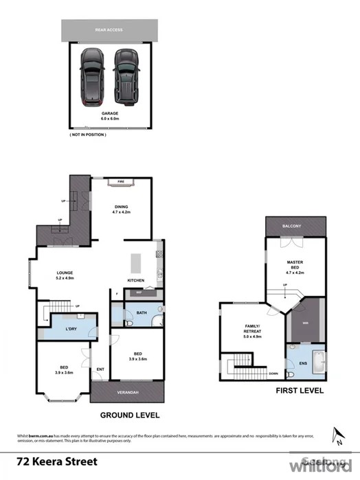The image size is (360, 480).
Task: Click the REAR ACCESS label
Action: point(109,30)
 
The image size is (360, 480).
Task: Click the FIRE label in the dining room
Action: point(120,181)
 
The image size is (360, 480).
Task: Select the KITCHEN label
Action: point(135,280)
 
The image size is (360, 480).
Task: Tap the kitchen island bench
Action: point(135,261)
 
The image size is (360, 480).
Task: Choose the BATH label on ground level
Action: point(142,313)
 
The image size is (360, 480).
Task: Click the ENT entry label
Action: point(100,369)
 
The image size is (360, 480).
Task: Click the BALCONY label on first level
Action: point(295,226)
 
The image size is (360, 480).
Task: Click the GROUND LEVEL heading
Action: point(130,415)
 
